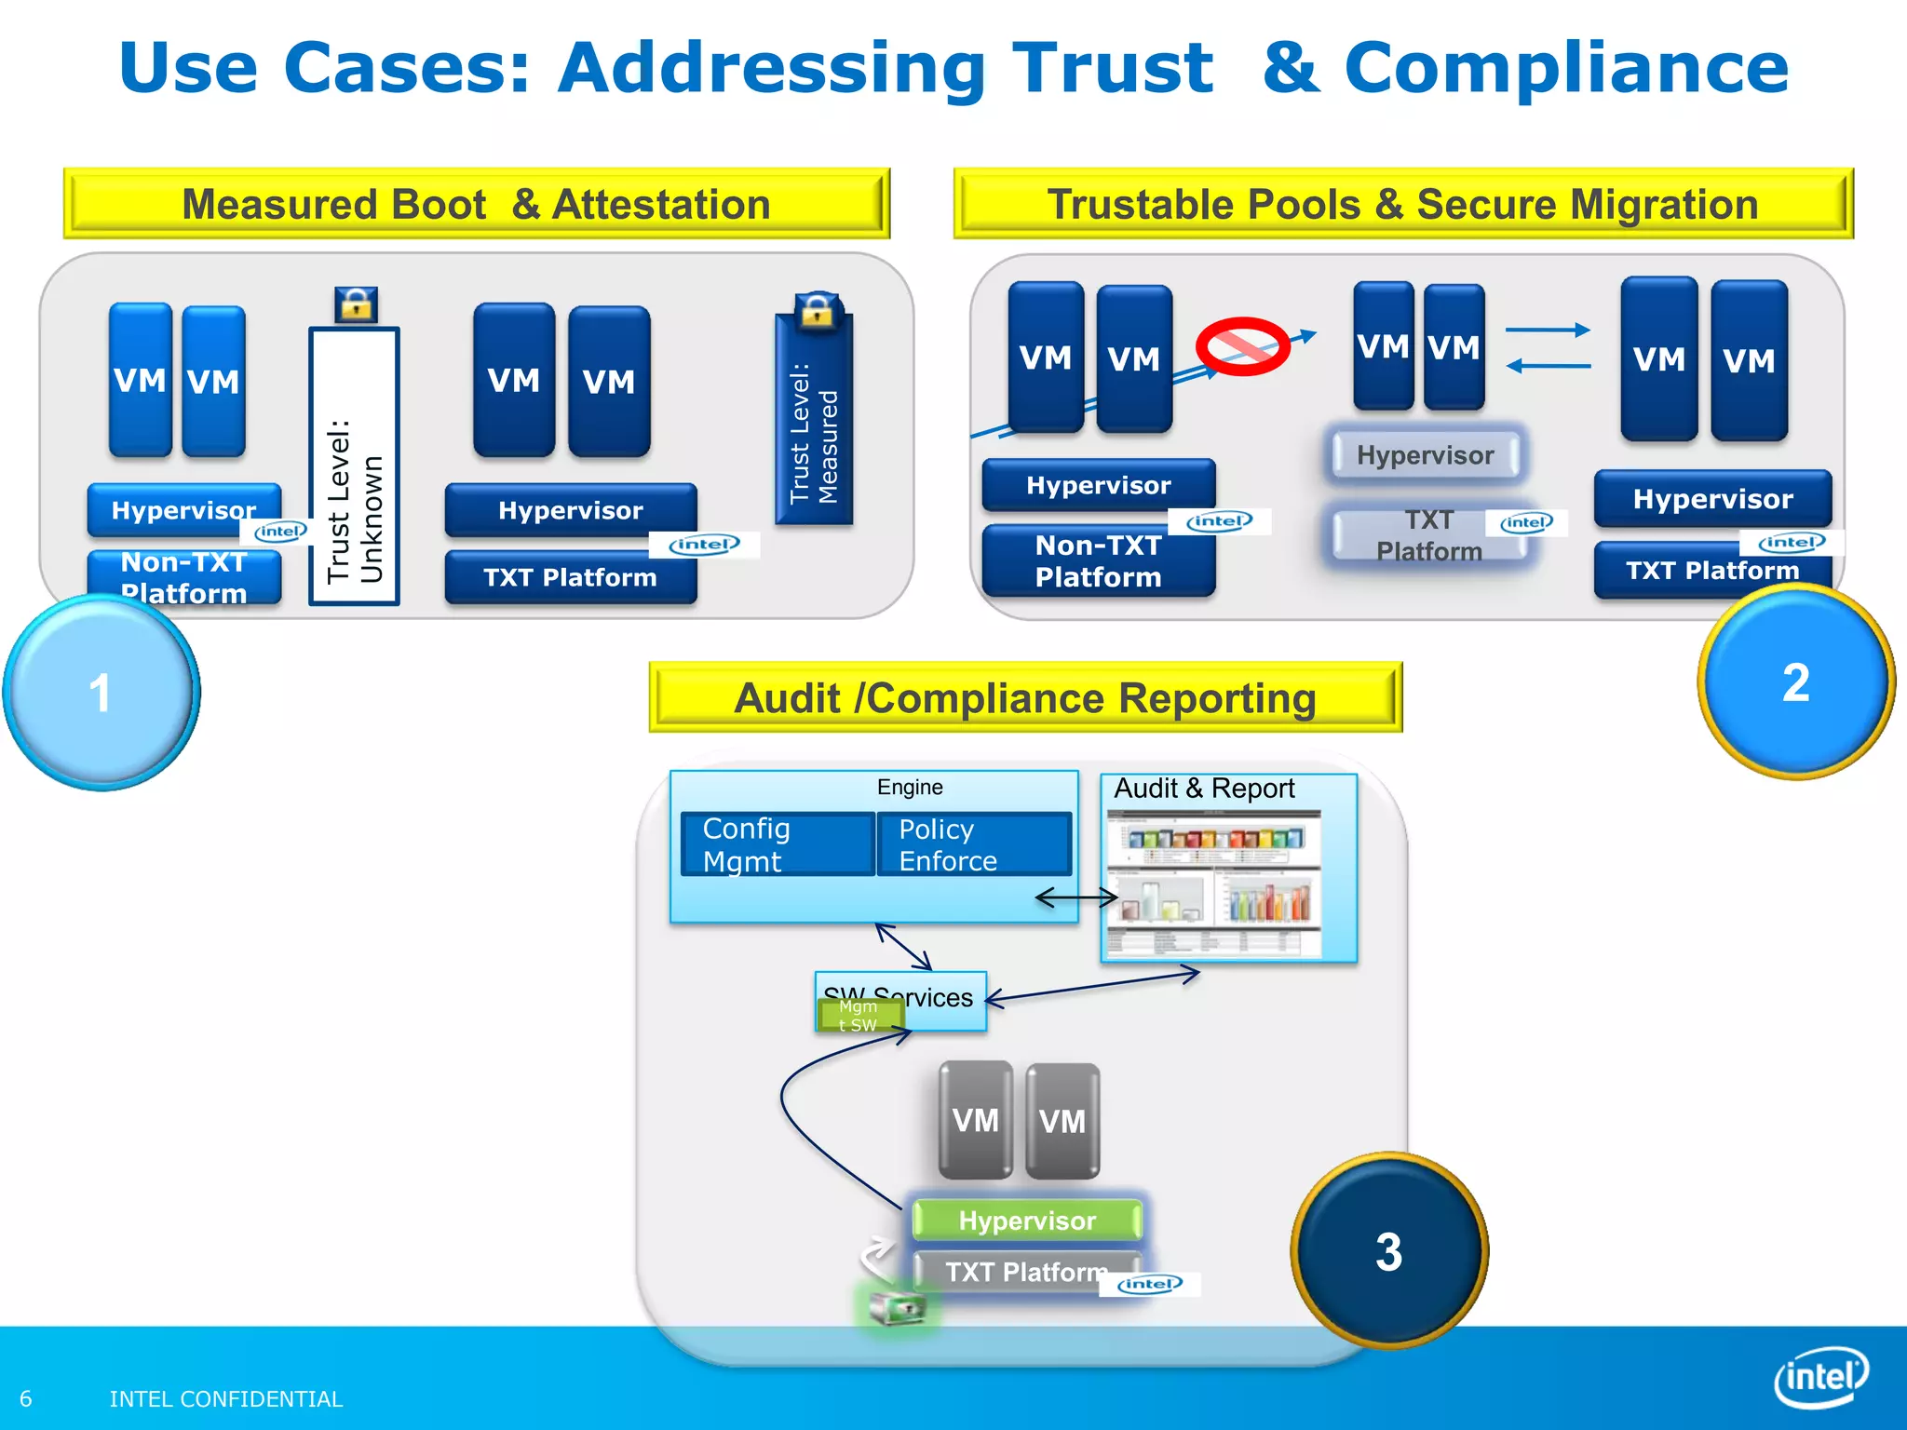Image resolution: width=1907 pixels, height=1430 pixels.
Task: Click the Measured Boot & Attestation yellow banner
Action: pos(476,204)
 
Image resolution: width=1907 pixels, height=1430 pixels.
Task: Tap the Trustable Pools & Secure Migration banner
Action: pos(1402,204)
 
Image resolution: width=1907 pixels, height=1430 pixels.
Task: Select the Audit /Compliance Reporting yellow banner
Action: pos(1025,698)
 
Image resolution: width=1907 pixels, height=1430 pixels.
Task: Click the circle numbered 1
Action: pos(101,693)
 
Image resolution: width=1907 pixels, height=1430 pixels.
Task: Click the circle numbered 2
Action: pos(1795,682)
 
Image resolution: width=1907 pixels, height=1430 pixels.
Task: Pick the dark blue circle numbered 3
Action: pos(1388,1251)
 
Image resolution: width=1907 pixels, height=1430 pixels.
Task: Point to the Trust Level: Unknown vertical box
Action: pos(354,465)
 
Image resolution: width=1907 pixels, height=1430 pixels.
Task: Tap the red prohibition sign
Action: pos(1242,347)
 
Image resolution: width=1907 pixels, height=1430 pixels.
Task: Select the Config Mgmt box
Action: pos(778,844)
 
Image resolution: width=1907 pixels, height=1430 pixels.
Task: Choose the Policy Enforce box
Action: pos(974,844)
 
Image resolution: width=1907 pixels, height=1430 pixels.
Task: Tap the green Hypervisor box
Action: pos(1027,1221)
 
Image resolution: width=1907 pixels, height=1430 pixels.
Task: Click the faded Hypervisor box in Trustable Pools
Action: pos(1425,455)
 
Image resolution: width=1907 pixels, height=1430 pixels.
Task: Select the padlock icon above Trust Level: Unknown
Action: pos(356,304)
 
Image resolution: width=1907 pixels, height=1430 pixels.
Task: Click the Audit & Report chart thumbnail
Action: pos(1213,883)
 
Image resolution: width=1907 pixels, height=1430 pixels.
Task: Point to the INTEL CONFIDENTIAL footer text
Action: pos(226,1398)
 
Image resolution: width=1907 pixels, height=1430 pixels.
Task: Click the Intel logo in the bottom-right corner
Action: pos(1820,1376)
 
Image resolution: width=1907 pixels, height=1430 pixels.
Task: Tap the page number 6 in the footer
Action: pos(26,1398)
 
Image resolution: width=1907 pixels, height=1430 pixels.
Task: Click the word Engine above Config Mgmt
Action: pos(910,788)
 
